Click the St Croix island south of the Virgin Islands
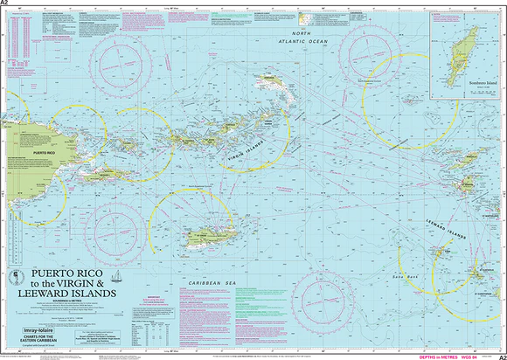click(x=205, y=235)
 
